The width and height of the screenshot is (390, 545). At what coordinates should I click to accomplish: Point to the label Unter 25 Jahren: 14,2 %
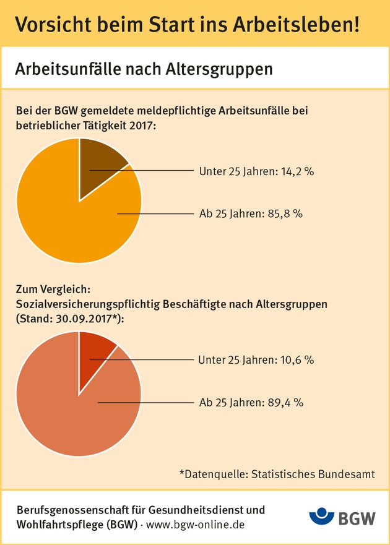click(x=256, y=171)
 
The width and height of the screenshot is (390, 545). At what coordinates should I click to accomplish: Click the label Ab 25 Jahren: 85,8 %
click(x=251, y=214)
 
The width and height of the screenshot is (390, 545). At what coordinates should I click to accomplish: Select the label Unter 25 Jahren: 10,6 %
click(x=256, y=359)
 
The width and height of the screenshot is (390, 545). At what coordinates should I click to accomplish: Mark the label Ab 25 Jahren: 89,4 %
click(x=251, y=403)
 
